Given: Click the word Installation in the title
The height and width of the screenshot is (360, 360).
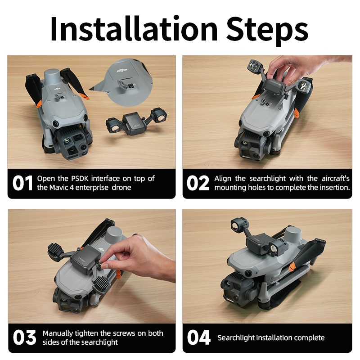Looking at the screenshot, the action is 134,29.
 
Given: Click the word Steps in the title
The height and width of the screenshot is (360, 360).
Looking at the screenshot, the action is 267,31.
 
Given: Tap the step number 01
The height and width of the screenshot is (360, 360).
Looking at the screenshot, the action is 22,183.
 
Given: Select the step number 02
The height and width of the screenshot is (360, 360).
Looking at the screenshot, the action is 198,183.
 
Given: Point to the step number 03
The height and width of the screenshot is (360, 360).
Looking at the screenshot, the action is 24,337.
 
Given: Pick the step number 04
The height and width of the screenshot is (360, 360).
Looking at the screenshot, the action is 198,337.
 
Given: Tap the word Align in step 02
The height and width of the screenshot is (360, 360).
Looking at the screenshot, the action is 223,178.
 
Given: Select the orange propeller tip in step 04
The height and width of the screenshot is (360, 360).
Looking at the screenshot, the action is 292,267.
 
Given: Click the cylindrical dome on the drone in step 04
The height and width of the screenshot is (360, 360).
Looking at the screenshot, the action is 292,237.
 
